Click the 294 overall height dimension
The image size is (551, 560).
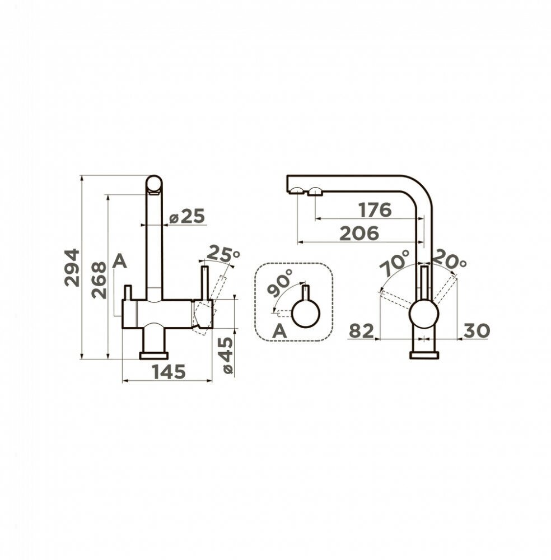pyautogui.click(x=72, y=268)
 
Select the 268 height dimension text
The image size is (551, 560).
pyautogui.click(x=99, y=280)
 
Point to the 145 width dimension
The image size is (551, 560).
pyautogui.click(x=169, y=372)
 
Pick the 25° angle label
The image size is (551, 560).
pyautogui.click(x=223, y=253)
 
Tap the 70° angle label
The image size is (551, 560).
pyautogui.click(x=394, y=263)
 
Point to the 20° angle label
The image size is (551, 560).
pyautogui.click(x=449, y=260)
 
